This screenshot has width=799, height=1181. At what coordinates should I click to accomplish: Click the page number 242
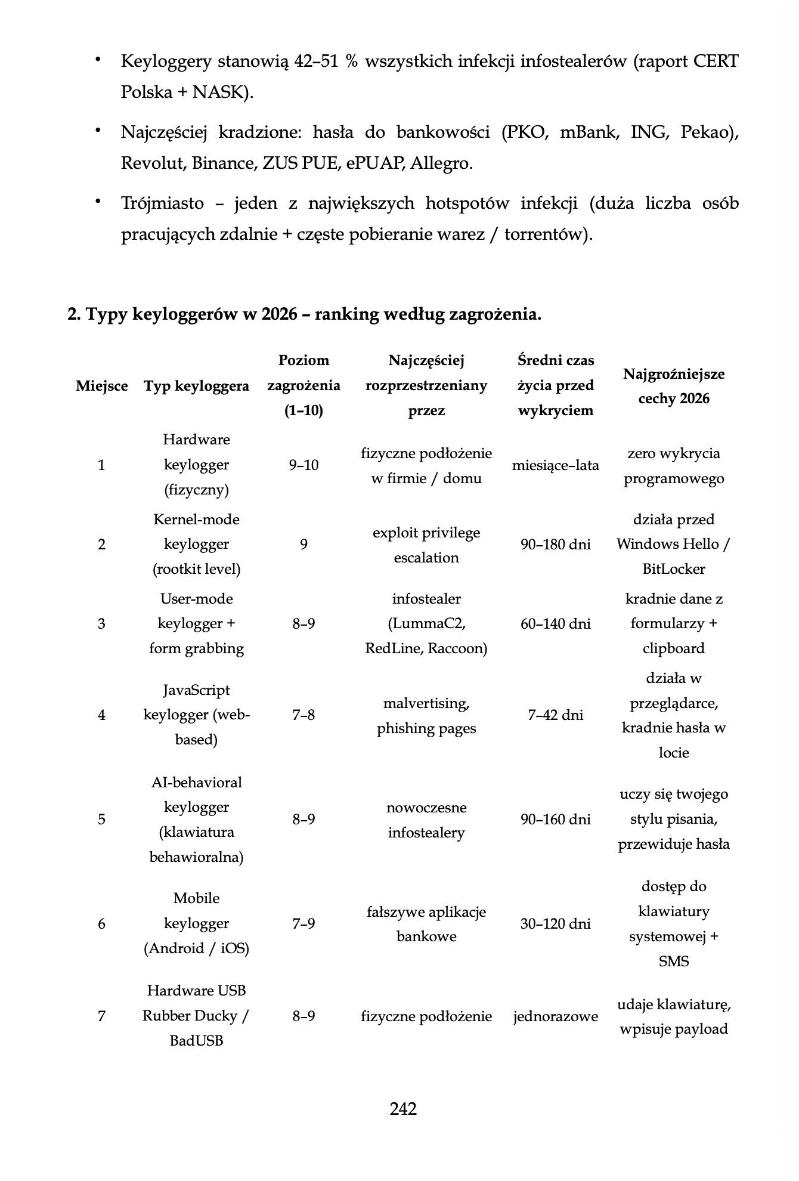coord(403,1109)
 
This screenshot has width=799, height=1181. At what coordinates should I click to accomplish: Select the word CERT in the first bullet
coord(716,61)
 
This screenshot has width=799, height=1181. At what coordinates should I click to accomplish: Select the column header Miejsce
coord(101,386)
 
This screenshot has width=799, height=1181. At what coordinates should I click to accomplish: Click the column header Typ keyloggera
coord(196,386)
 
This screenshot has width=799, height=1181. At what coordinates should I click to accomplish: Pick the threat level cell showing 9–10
coord(304,465)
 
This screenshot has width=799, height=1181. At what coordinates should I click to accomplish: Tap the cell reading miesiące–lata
coord(555,465)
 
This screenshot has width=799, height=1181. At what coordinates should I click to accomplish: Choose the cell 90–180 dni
coord(555,545)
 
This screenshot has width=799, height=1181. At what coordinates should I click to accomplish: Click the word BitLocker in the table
coord(674,569)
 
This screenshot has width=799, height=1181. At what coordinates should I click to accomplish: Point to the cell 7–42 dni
coord(555,715)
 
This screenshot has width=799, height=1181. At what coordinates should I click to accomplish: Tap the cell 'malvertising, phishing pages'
coord(426,716)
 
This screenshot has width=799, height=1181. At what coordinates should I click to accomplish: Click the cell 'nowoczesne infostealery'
coord(426,820)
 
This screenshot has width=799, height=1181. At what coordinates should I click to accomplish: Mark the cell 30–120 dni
coord(555,924)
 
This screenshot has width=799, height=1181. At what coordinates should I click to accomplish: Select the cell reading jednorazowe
coord(555,1016)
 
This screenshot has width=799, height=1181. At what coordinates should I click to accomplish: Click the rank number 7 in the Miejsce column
coord(101,1016)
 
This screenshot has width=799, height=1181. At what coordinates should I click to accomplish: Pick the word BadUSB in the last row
coord(196,1041)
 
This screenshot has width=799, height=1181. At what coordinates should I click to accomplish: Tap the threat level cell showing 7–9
coord(304,924)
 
